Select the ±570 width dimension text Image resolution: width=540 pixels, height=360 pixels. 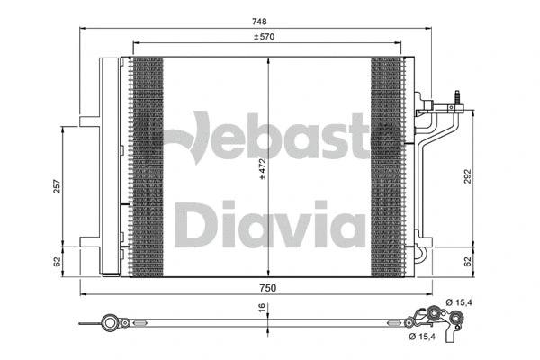(x=263, y=37)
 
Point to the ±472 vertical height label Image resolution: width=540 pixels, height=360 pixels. (x=263, y=169)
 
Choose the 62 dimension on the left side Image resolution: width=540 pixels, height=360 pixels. (x=56, y=261)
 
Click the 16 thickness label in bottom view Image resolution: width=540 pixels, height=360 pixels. (x=262, y=308)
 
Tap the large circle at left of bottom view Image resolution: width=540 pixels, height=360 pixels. (x=111, y=321)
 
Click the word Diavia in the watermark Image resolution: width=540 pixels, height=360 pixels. (x=270, y=225)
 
